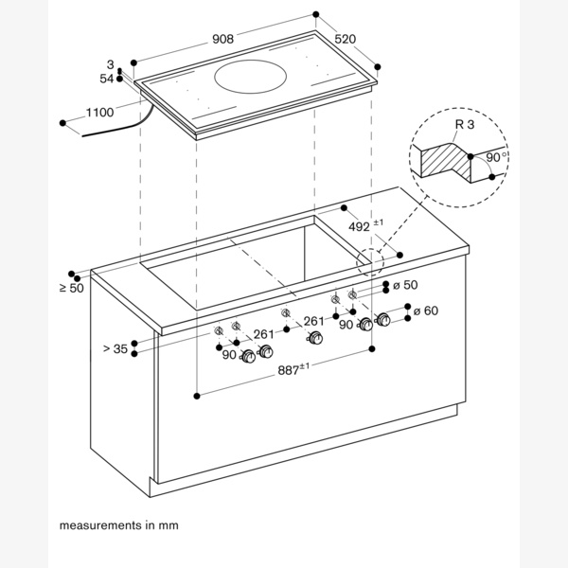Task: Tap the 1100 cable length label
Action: (99, 113)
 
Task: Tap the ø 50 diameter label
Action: (404, 285)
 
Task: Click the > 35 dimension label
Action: (115, 348)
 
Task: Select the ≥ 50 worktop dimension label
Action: (71, 287)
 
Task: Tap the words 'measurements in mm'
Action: (118, 524)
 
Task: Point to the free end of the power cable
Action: (81, 135)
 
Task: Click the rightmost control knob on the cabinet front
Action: (383, 324)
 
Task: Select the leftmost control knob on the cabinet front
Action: (249, 358)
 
